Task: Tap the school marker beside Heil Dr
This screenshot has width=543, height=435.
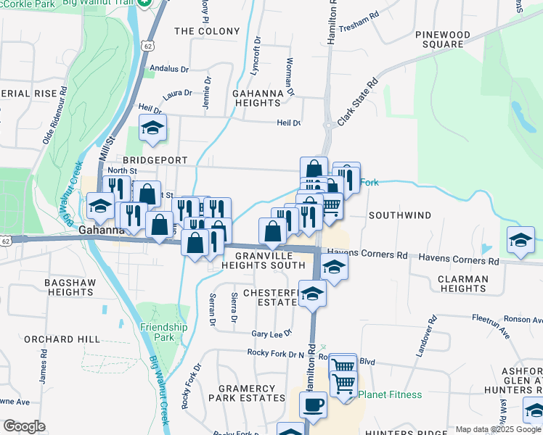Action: [x=152, y=128]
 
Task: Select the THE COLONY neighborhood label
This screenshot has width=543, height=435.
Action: [x=207, y=31]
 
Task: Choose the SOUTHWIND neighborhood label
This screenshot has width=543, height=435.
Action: [x=399, y=215]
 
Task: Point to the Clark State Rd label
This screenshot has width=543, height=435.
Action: [x=358, y=101]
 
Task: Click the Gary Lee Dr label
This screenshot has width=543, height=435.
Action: [x=271, y=333]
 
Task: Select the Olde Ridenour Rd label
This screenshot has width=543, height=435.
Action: [x=55, y=115]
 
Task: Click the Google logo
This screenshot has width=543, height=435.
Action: [x=24, y=426]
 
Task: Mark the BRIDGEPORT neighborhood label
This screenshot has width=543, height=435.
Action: [x=155, y=159]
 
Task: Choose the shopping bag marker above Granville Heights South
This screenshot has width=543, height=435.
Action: [x=273, y=232]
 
